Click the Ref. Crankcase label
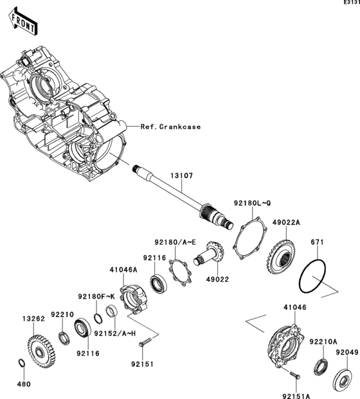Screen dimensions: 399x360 170,127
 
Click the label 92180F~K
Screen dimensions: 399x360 96,296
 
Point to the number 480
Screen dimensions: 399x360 23,385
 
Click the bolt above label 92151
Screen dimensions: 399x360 148,336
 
